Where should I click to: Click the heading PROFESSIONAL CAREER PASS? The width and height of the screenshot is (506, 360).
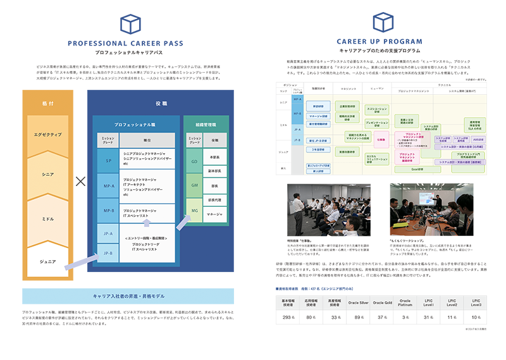pyautogui.click(x=125, y=44)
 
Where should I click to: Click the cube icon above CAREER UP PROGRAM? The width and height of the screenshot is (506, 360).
pyautogui.click(x=383, y=23)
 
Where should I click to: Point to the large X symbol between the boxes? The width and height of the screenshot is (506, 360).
pyautogui.click(x=80, y=182)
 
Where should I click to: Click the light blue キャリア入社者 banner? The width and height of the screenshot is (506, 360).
pyautogui.click(x=125, y=295)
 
